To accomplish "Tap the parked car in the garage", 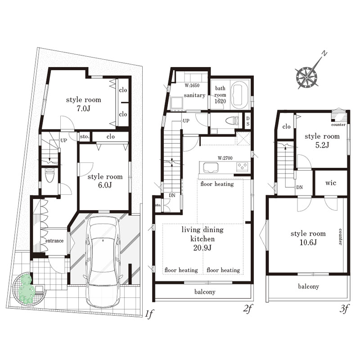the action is [x=103, y=262].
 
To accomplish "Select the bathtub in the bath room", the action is [x=240, y=95].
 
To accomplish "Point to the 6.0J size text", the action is [x=105, y=185].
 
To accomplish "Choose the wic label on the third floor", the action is [x=331, y=183].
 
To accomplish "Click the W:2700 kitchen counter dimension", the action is [x=225, y=158].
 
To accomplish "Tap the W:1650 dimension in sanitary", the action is [x=192, y=85].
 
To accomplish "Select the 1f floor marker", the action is [x=149, y=314].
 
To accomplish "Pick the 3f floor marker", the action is [x=344, y=309].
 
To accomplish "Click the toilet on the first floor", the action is [x=49, y=175].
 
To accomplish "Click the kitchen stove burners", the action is [x=242, y=166].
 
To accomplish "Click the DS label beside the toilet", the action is [x=248, y=121].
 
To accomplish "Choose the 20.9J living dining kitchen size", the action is [x=202, y=248].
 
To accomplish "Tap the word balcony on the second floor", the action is [x=205, y=292].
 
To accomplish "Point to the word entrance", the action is [x=54, y=241].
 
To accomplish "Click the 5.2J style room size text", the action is [x=322, y=145].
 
